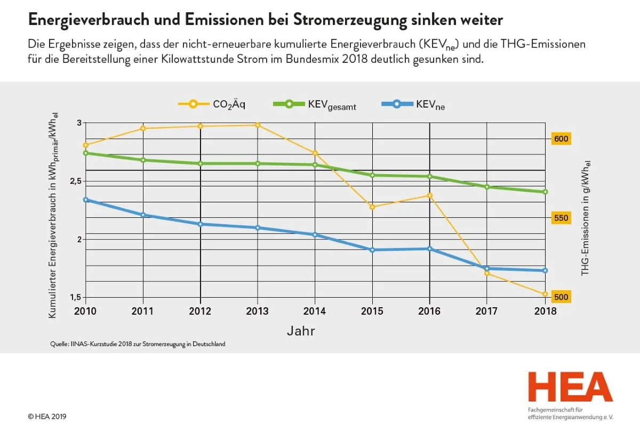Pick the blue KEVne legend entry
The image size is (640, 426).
413,105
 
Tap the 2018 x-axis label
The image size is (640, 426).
545,311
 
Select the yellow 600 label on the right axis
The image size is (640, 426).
562,139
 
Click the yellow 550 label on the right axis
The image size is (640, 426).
562,218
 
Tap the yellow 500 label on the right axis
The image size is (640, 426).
562,297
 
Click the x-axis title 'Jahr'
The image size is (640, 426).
301,331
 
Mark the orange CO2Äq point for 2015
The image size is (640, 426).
372,207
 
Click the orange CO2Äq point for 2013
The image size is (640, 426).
258,125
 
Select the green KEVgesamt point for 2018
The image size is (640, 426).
545,192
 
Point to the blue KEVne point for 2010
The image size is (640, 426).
85,200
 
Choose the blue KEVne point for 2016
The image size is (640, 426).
430,249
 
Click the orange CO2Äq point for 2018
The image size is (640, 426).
545,294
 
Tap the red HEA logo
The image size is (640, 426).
570,387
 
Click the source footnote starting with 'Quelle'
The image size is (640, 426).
138,344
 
